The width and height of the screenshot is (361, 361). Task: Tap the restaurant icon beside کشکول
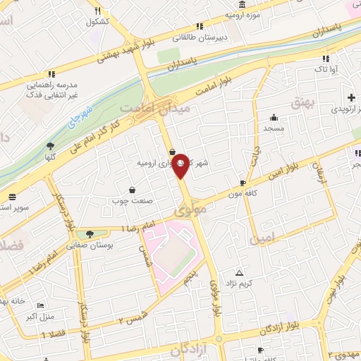click(98, 11)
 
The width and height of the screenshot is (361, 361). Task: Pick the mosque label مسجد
click(274, 129)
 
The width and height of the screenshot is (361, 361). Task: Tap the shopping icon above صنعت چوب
click(132, 190)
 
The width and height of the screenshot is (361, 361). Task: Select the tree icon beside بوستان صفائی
click(88, 233)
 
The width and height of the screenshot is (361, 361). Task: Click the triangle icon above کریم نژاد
click(239, 272)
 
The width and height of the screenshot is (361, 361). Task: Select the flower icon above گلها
click(50, 145)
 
